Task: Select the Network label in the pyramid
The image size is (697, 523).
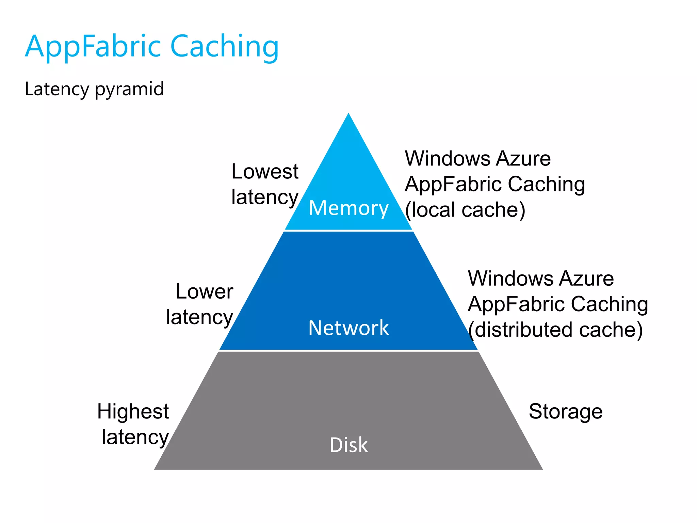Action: tap(348, 328)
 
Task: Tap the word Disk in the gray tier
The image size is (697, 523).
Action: tap(348, 445)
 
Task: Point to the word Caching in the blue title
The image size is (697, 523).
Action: tap(225, 47)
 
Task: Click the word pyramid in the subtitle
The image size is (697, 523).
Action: tap(129, 89)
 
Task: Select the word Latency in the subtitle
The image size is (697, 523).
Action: tap(57, 89)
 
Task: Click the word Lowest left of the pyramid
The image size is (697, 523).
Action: tap(265, 171)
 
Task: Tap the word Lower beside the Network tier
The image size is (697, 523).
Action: tap(204, 291)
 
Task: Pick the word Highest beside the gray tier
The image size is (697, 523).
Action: tap(133, 411)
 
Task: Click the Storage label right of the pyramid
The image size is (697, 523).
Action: tap(565, 411)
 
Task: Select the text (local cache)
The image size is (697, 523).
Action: tap(465, 210)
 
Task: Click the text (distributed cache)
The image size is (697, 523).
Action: tap(555, 330)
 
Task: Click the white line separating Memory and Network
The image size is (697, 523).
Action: tap(348, 231)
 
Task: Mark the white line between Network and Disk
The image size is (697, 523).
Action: tap(348, 350)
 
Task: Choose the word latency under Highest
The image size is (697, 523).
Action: tap(135, 437)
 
